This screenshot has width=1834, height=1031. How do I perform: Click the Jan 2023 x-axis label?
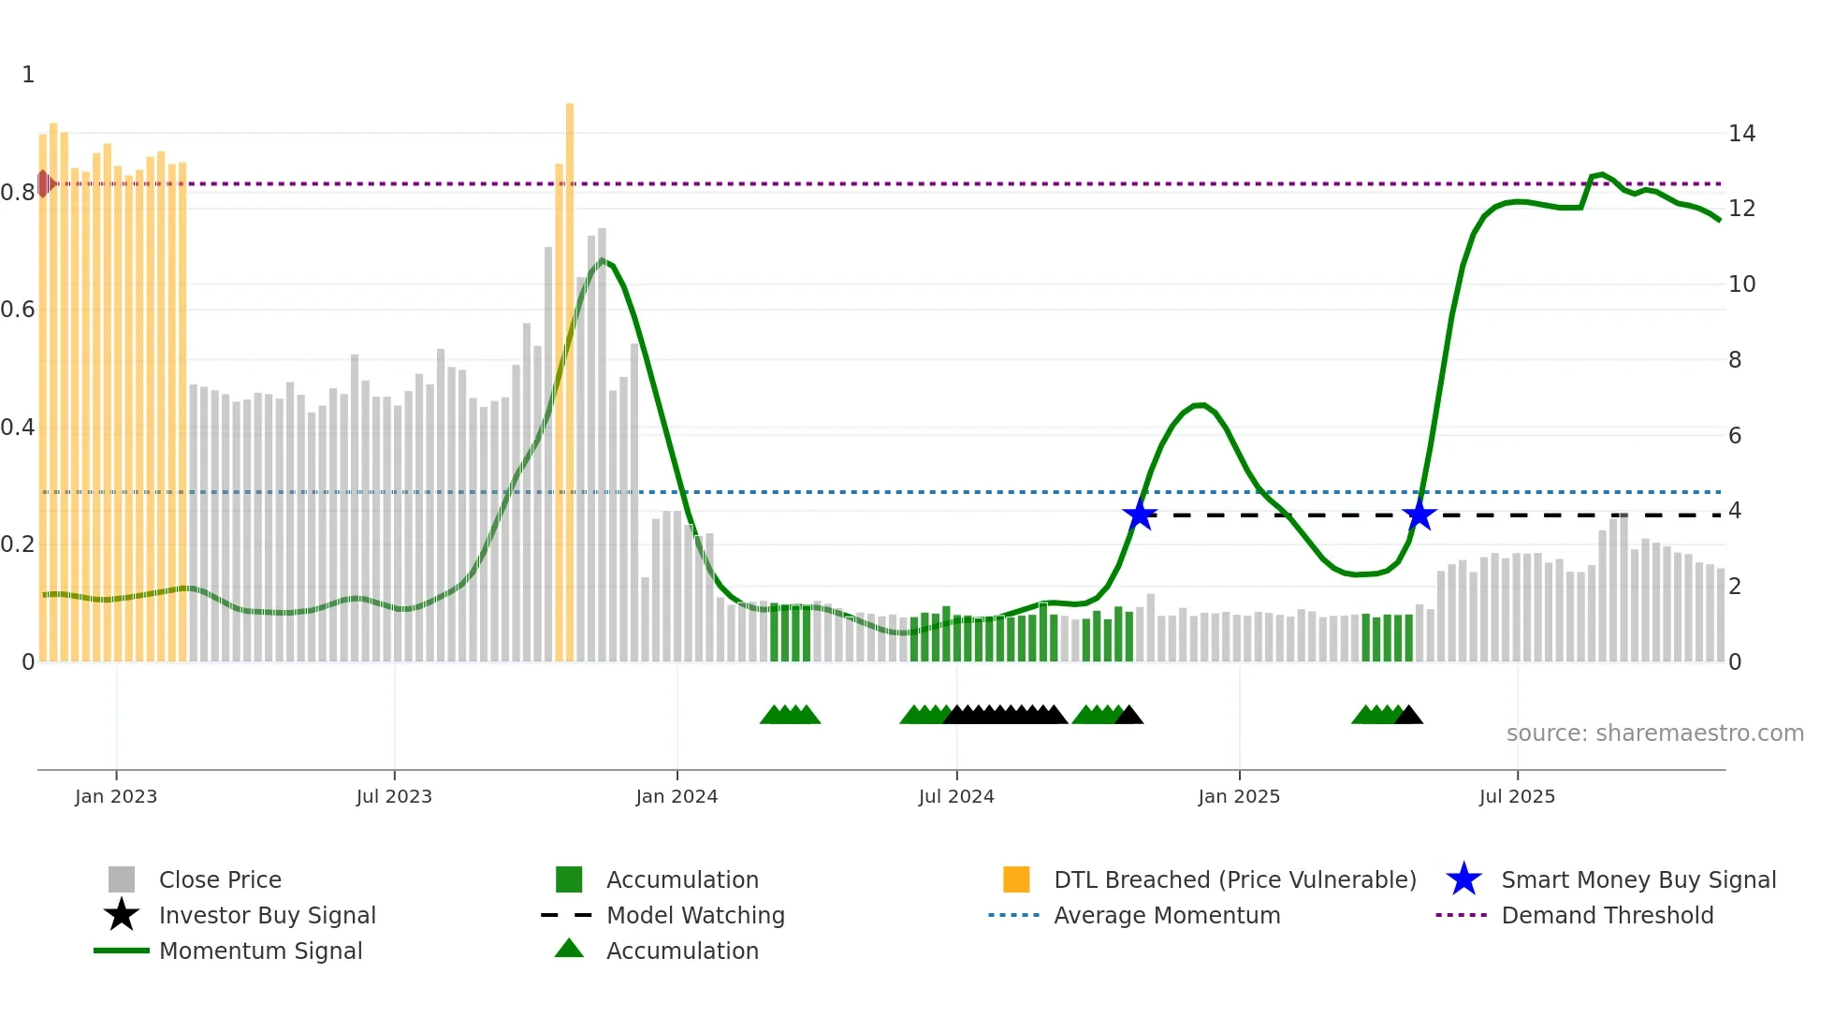[x=116, y=796]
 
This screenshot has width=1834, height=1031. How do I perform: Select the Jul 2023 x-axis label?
[x=394, y=796]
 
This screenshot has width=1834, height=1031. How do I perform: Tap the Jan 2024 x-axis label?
[x=677, y=796]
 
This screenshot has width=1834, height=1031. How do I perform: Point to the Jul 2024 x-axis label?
[x=956, y=796]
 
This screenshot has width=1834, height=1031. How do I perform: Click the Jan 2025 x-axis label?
[x=1239, y=796]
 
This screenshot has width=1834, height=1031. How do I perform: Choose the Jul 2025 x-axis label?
[x=1517, y=796]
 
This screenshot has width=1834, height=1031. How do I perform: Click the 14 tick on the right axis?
[x=1741, y=134]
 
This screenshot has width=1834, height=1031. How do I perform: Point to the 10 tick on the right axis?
[x=1741, y=284]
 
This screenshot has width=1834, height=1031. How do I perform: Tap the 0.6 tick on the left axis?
[x=18, y=310]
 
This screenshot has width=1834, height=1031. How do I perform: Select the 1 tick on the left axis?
[x=28, y=75]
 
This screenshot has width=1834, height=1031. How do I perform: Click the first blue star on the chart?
[x=1140, y=515]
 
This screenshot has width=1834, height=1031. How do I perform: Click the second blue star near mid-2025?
[x=1419, y=515]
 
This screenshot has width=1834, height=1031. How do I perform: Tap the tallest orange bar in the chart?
[x=570, y=374]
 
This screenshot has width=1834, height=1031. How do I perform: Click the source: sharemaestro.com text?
[x=1654, y=733]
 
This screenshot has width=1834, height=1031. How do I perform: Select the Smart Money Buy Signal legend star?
[x=1463, y=879]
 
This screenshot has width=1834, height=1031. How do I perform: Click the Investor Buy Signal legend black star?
[x=122, y=915]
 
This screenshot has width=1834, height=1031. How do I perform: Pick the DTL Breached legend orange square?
[x=1016, y=879]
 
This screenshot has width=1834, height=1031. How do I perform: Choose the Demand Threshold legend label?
[x=1607, y=915]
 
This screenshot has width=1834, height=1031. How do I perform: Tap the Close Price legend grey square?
[x=122, y=879]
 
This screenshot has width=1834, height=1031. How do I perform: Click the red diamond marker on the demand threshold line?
[x=44, y=183]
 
